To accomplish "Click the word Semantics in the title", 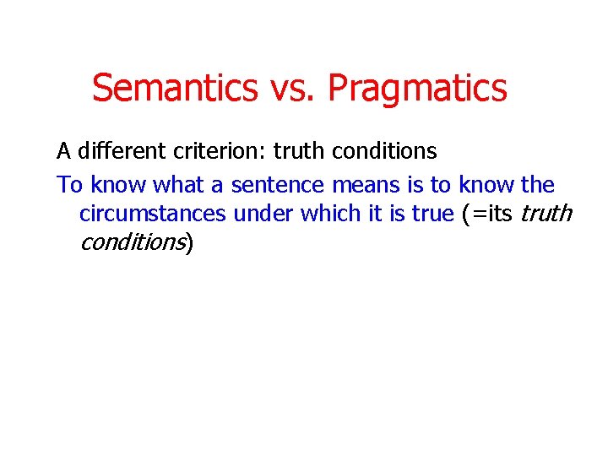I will (x=175, y=88).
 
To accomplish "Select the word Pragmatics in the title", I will (x=417, y=88).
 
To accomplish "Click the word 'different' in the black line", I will (x=116, y=152).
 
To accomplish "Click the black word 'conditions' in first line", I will (x=384, y=152).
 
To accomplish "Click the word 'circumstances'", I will (x=153, y=214).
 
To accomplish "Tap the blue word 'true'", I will (x=433, y=214).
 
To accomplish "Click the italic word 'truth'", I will (x=546, y=214).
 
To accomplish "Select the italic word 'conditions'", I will (x=132, y=243).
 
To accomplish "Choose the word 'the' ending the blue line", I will (x=538, y=184).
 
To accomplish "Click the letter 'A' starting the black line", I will (x=63, y=152).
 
